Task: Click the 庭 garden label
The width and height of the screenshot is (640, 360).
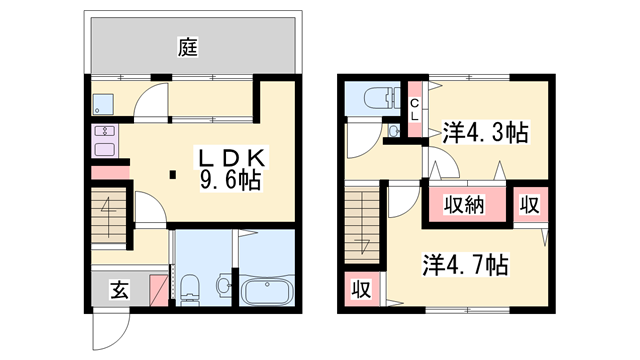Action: coord(187,44)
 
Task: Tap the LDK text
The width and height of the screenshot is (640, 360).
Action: coord(230,158)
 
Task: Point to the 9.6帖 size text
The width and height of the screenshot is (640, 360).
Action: coord(230,181)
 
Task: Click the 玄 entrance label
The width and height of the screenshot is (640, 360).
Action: coord(119,291)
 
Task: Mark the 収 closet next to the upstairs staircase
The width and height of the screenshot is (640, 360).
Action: coord(361,290)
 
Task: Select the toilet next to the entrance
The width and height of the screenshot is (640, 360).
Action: coord(193,284)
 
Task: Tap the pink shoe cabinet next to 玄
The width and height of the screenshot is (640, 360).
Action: coord(158,288)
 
